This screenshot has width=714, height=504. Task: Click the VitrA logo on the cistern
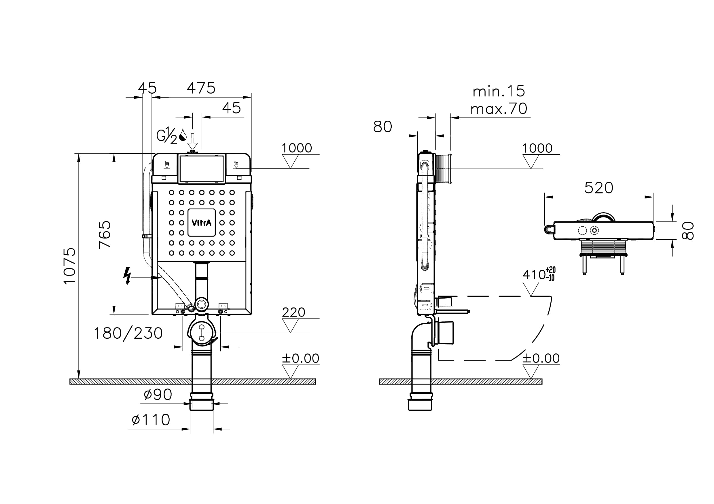coord(202,223)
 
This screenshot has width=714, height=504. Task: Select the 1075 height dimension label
coord(70,266)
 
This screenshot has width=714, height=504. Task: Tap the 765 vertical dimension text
coord(105,234)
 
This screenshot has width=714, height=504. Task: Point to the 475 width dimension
coord(201,88)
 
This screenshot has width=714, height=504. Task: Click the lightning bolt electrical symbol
coord(127,276)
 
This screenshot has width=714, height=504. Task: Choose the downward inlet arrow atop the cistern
coord(192,141)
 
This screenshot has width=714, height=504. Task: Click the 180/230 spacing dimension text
coord(128,333)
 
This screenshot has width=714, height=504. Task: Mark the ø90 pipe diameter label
coord(158,395)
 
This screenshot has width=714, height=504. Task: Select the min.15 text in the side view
coord(499,91)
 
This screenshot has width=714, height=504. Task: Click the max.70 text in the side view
coord(499,109)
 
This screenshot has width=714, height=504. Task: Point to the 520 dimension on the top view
coord(599,188)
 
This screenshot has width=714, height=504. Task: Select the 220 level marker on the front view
coord(293,312)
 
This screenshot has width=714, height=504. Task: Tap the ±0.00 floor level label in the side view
coord(541,358)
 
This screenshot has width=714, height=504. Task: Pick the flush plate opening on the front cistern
coord(202,169)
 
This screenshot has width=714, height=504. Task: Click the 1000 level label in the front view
coord(296,148)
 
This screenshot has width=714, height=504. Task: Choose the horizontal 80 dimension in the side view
coord(382,127)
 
